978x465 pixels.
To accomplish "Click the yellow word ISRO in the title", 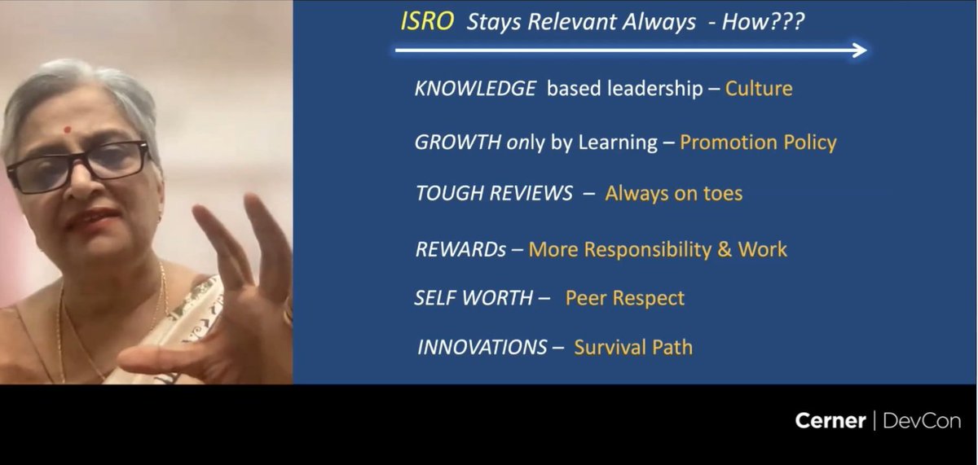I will [x=428, y=22].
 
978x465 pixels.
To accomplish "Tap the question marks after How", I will [x=787, y=22].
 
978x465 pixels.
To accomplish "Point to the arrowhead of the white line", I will [x=860, y=50].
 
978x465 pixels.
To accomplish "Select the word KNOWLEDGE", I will [x=475, y=89].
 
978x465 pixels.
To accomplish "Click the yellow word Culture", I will [x=759, y=89].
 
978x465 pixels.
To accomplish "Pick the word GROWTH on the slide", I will [x=458, y=143].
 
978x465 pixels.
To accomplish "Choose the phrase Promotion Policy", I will [x=758, y=143].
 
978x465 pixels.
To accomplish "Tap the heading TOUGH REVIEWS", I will [x=494, y=194].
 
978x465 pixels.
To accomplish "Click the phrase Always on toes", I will [x=673, y=194].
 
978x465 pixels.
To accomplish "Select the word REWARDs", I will [x=460, y=249].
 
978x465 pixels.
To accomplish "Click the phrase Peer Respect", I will [x=625, y=298].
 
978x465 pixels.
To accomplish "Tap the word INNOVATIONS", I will [x=482, y=348].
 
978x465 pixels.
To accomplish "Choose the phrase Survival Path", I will [x=633, y=348].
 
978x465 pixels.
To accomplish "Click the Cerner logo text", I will [x=829, y=421].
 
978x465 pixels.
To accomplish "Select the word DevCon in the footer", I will [x=922, y=421].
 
